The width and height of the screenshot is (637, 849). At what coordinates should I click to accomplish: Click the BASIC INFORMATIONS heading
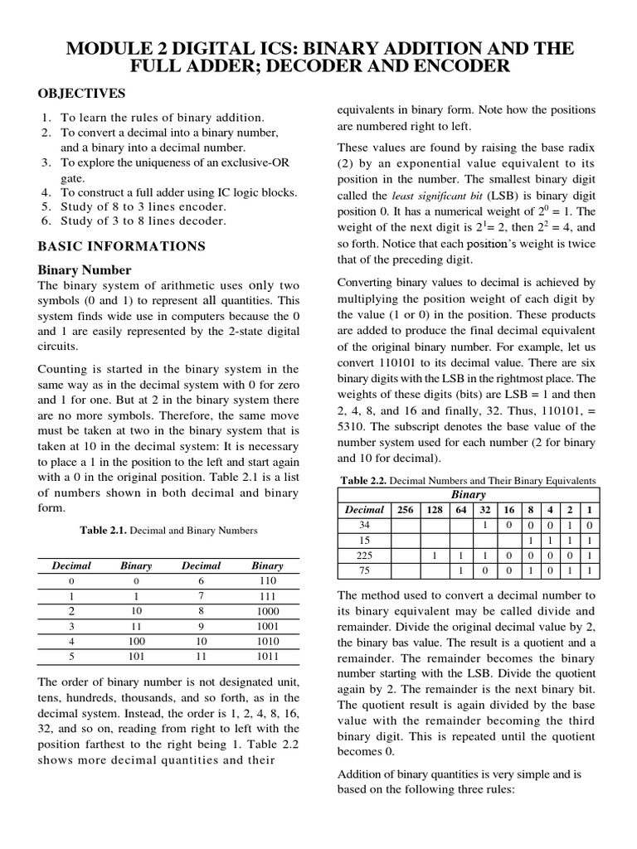tap(122, 246)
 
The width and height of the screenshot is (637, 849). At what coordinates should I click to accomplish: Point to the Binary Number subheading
tap(85, 270)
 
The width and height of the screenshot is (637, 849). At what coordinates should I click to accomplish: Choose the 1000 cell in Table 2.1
tap(267, 610)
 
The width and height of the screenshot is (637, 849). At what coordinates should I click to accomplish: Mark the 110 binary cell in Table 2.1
tap(267, 581)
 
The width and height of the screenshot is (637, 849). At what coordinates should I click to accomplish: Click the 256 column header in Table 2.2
tap(406, 510)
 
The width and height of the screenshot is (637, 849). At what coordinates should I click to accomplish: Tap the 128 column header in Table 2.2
tap(435, 510)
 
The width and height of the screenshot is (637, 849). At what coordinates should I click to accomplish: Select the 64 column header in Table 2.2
tap(460, 510)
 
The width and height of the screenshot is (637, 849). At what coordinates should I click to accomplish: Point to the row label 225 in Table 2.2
tap(364, 555)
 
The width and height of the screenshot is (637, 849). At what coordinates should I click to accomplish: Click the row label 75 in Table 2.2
tap(364, 570)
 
